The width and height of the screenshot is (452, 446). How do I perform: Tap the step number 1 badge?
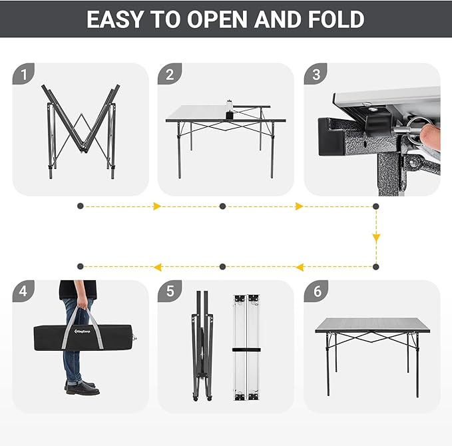click(x=24, y=75)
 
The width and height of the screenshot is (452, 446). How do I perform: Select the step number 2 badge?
click(x=169, y=75)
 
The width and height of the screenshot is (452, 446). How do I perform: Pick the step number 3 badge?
click(x=316, y=75)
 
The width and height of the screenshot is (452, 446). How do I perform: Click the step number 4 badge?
click(x=24, y=292)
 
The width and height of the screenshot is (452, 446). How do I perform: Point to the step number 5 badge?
click(x=169, y=292)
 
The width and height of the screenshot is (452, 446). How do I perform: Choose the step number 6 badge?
click(x=316, y=292)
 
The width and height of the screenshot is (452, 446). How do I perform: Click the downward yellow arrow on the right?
click(x=376, y=237)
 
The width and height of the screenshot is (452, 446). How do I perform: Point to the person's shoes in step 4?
click(x=82, y=388)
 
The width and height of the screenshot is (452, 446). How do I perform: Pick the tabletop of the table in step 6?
click(x=369, y=324)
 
